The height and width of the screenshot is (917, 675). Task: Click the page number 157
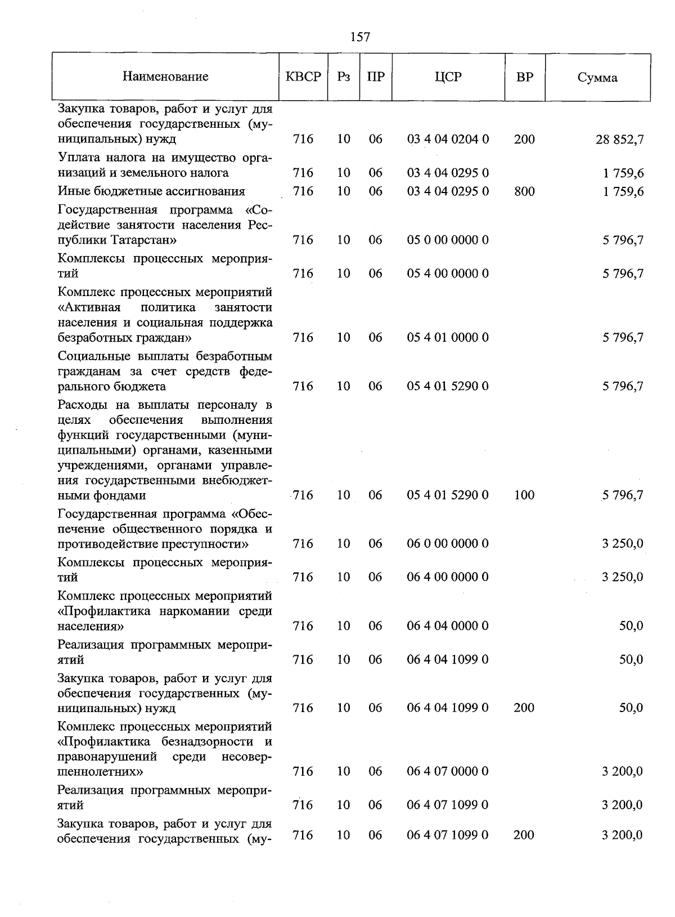[359, 37]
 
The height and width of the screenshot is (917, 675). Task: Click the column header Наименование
[165, 77]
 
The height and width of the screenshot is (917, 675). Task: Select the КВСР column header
[303, 77]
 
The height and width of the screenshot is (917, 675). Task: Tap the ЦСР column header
[448, 77]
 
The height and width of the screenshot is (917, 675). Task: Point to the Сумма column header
[597, 78]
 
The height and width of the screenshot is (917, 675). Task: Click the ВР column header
[524, 77]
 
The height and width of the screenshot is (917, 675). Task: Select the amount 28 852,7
[619, 140]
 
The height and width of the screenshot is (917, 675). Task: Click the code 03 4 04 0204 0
[448, 139]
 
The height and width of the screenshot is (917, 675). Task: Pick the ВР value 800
[524, 191]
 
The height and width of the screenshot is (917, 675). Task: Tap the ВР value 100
[524, 495]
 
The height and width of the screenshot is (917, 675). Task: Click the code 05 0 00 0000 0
[448, 240]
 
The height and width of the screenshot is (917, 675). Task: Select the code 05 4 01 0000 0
[448, 338]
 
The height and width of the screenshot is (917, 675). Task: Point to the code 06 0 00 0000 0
[448, 544]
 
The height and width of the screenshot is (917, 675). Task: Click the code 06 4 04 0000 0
[448, 626]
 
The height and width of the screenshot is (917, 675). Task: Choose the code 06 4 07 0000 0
[448, 772]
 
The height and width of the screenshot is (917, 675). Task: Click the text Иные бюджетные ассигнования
[151, 191]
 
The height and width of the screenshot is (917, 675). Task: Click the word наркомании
[188, 611]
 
